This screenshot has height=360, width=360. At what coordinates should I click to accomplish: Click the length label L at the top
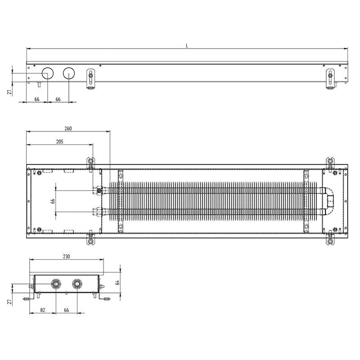coord(187,46)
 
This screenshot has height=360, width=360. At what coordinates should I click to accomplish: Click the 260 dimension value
coord(68,128)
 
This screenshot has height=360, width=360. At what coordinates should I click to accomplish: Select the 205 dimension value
coord(59,142)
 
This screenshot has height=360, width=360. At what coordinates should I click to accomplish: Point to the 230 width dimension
coord(66,256)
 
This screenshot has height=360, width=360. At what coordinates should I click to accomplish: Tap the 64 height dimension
coord(117,283)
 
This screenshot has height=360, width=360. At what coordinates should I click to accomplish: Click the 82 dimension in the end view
coord(43,310)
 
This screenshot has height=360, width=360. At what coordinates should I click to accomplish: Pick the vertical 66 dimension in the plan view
coord(53,201)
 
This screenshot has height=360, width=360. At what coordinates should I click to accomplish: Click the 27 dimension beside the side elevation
coord(9,92)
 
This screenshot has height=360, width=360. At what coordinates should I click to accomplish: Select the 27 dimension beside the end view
coord(9,301)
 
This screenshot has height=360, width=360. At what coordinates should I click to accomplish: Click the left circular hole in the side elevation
coord(48,73)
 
